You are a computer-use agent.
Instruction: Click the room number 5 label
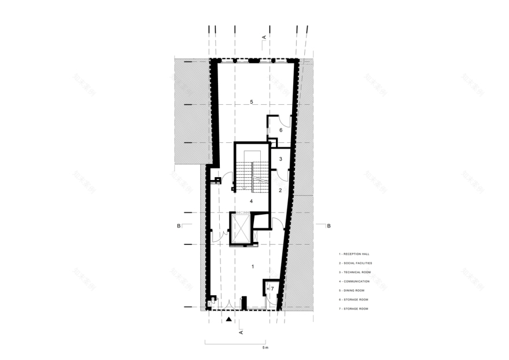click(252, 102)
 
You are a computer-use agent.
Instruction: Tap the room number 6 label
click(281, 130)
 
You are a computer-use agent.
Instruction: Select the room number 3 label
click(280, 159)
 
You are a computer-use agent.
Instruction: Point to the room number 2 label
click(280, 190)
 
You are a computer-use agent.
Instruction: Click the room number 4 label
click(251, 201)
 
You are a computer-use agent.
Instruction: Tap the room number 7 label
click(272, 288)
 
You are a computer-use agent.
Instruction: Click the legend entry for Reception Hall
click(354, 254)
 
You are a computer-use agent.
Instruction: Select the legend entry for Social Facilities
click(356, 263)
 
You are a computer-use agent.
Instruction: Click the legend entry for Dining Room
click(353, 291)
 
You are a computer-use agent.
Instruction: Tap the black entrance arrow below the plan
click(229, 319)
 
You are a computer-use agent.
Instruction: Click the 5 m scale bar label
click(264, 348)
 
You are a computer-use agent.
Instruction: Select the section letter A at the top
click(264, 38)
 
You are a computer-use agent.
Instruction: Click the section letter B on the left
click(179, 225)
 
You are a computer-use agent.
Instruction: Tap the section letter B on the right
click(329, 225)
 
